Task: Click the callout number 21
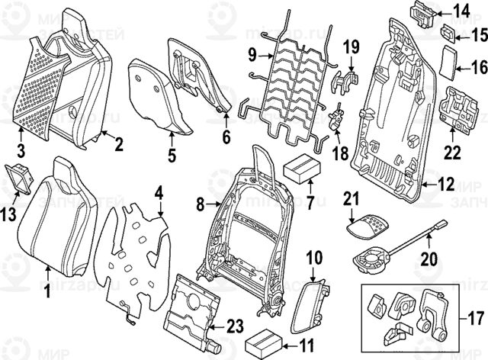click(350, 199)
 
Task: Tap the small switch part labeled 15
click(448, 33)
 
